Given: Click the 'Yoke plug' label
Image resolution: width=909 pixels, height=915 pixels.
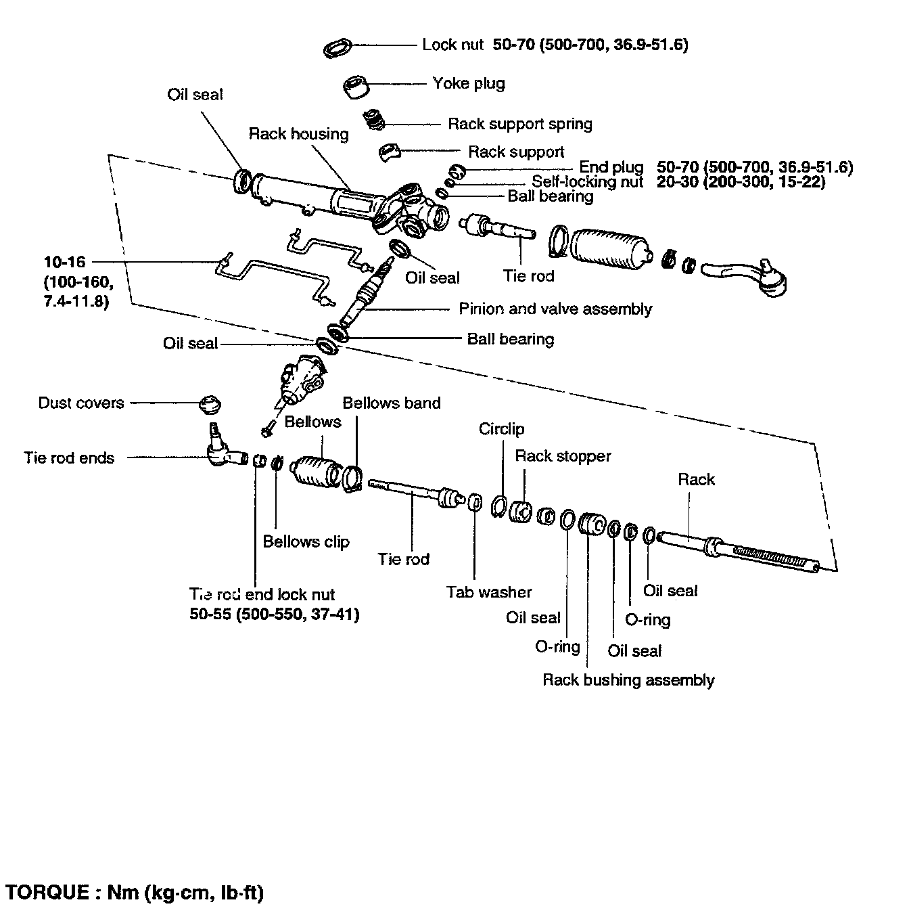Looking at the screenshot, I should (468, 83).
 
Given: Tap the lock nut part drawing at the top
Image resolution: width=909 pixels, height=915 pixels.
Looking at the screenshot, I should (337, 48).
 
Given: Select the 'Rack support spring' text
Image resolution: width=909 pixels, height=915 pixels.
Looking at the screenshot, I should (519, 124).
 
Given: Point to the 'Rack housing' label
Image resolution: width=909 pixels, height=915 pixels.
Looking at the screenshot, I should (298, 133).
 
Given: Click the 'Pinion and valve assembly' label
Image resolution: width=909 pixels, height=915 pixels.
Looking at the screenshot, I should (555, 309).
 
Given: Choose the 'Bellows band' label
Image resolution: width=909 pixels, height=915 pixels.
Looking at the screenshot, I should (391, 403).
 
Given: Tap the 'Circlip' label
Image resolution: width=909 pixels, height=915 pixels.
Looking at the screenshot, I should (501, 429).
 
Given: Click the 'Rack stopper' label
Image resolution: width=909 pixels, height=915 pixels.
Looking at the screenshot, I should (563, 456).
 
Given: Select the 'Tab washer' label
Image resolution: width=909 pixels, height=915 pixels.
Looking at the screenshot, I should (488, 592).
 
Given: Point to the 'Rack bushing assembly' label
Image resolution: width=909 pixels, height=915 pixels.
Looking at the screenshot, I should (628, 680).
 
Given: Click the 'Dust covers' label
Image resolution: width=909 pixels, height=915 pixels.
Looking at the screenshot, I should (81, 403).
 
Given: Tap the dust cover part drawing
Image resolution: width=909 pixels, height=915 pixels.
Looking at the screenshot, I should (210, 405).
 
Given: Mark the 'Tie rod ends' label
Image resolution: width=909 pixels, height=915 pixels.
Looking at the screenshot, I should (69, 458).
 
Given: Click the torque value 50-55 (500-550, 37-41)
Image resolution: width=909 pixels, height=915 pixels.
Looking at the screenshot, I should (274, 615).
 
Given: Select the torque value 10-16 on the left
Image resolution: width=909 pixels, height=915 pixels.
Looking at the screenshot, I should (65, 262).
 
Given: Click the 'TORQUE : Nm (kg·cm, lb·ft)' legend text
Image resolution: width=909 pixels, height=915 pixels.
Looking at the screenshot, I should (134, 892).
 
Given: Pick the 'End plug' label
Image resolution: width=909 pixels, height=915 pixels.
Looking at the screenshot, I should (611, 167).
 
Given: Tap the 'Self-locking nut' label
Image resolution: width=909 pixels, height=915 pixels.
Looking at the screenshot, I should (587, 181).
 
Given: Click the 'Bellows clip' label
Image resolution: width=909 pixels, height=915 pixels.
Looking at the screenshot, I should (306, 541).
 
